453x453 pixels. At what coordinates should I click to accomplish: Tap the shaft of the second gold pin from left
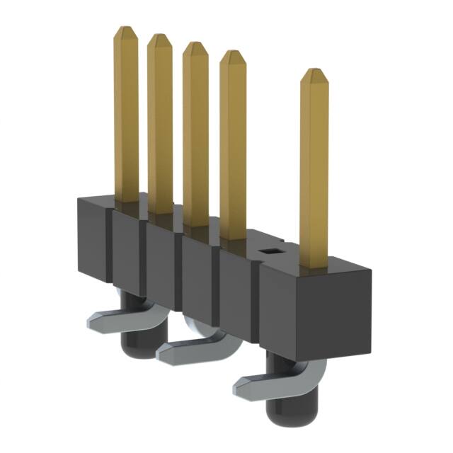tap(159, 127)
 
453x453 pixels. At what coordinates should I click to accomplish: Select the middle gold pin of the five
tap(195, 134)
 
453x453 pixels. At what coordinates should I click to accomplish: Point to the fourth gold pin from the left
tap(232, 142)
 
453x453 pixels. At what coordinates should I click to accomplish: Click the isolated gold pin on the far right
tap(315, 170)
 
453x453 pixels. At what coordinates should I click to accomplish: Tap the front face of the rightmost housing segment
tap(283, 311)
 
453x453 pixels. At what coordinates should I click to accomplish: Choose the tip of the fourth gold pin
tap(233, 55)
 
